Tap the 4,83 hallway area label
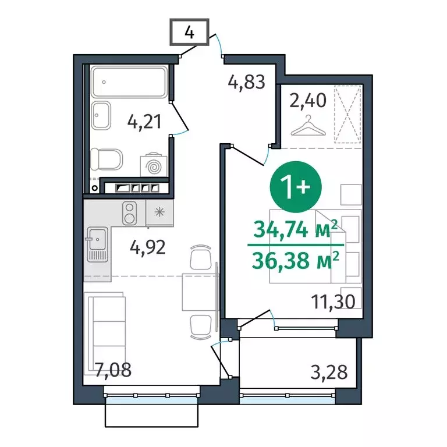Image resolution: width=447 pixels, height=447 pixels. click(246, 82)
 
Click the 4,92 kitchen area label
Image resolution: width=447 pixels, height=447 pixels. click(148, 249)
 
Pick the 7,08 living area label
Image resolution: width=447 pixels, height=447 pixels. click(113, 370)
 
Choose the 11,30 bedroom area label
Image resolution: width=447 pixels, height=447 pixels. click(333, 302)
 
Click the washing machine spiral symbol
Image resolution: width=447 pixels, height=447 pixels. click(155, 167)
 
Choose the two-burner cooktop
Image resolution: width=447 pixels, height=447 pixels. click(130, 212)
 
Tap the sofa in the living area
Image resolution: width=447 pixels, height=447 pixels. click(107, 329)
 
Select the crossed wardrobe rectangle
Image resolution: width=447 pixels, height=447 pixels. click(349, 113)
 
